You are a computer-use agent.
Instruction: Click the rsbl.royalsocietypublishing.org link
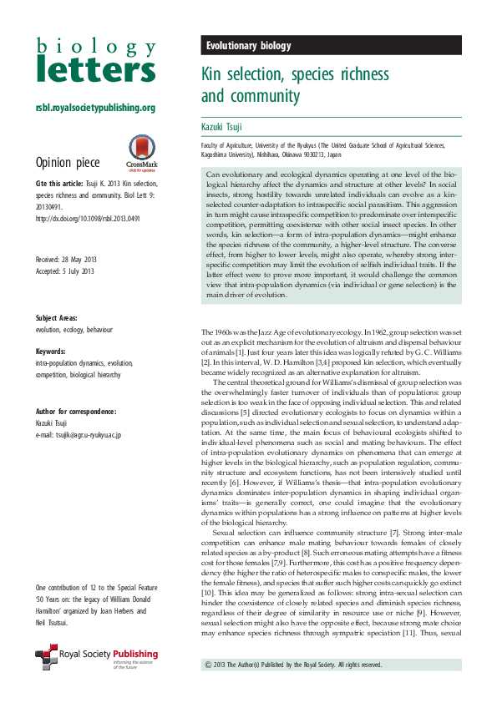pos(95,108)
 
